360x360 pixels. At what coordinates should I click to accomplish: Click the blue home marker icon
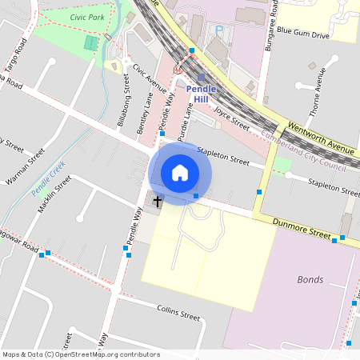[x=180, y=172]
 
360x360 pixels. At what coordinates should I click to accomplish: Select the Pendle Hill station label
[x=200, y=94]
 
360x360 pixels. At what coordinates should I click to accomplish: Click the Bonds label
[x=310, y=279]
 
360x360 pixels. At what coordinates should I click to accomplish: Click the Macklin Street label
[x=55, y=193]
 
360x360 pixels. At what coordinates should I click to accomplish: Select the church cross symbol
[x=158, y=201]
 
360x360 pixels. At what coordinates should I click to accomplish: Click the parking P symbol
[x=219, y=30]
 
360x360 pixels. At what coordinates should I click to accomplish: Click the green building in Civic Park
[x=93, y=42]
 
